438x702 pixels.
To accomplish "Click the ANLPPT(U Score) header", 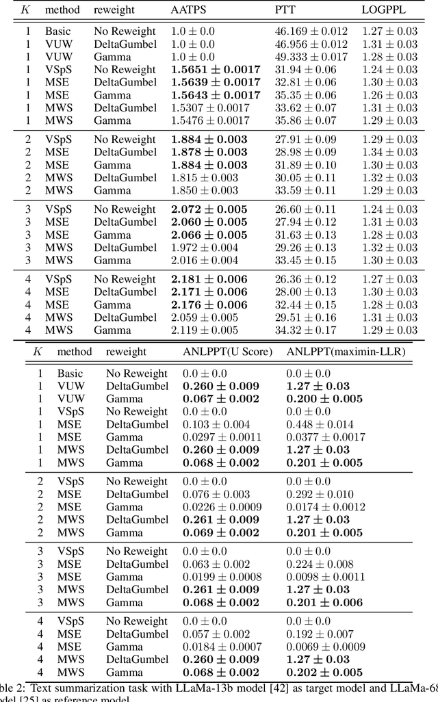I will coord(227,352).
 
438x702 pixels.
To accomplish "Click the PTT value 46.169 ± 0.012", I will coord(311,31).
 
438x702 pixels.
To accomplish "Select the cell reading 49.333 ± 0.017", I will coord(311,57).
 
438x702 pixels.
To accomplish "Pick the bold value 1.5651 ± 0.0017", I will coord(216,70).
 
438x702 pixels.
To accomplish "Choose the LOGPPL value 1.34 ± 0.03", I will coord(389,153).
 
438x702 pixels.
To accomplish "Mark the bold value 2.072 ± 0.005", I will coord(209,209).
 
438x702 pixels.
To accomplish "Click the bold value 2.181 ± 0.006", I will coord(209,279).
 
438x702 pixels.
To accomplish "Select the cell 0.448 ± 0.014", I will coord(320,425).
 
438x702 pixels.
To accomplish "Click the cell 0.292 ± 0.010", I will coord(320,495).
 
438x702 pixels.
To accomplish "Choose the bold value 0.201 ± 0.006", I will coord(324,603).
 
